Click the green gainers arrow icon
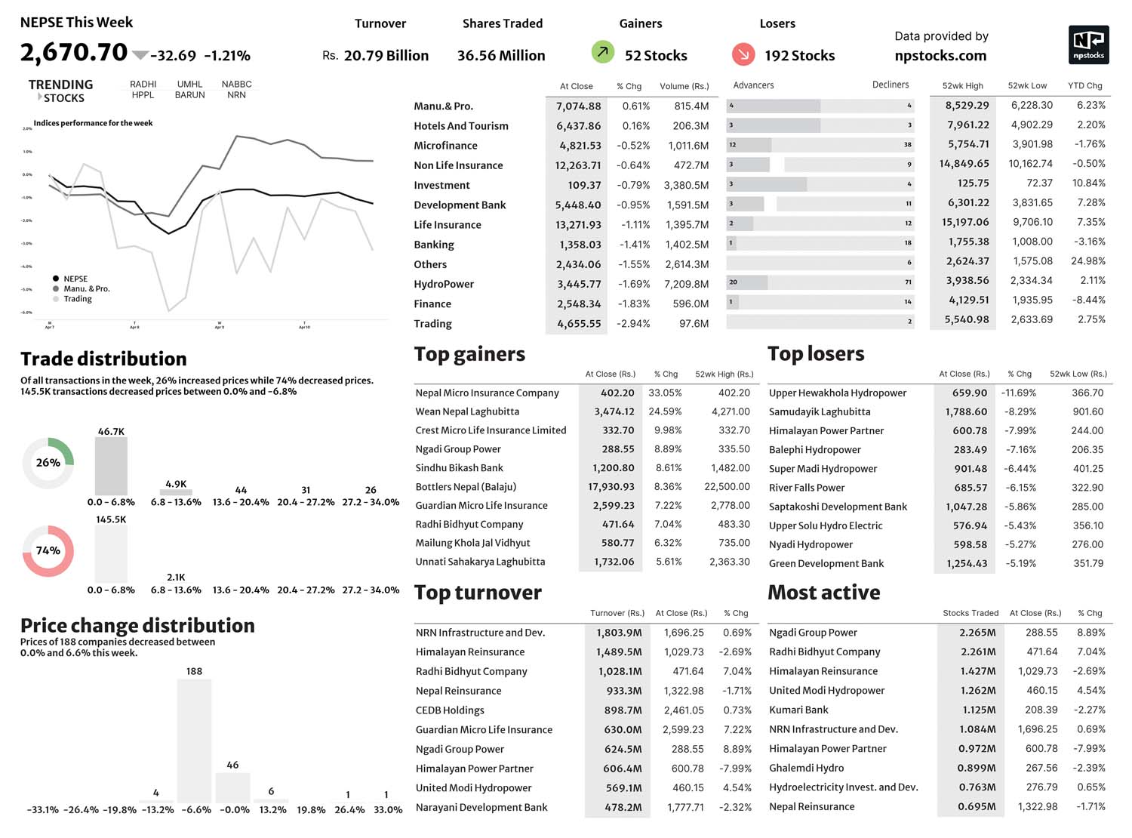coord(602,52)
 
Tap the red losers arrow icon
coord(743,54)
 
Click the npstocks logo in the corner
coord(1088,45)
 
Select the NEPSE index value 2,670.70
coord(74,52)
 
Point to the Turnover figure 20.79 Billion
coord(386,55)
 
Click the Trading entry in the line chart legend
coord(77,299)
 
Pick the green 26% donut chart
coord(48,462)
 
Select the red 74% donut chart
coord(48,550)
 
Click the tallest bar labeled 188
coord(194,740)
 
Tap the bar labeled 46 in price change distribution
coord(232,787)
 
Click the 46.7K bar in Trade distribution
coord(111,465)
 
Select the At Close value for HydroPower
coord(579,284)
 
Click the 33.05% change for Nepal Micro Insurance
coord(665,393)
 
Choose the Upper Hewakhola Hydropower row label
coord(838,393)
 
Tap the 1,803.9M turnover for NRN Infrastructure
coord(619,633)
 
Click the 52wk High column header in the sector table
coord(962,85)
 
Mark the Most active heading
coord(823,593)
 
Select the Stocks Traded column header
coord(970,613)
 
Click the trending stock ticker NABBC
coord(236,84)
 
